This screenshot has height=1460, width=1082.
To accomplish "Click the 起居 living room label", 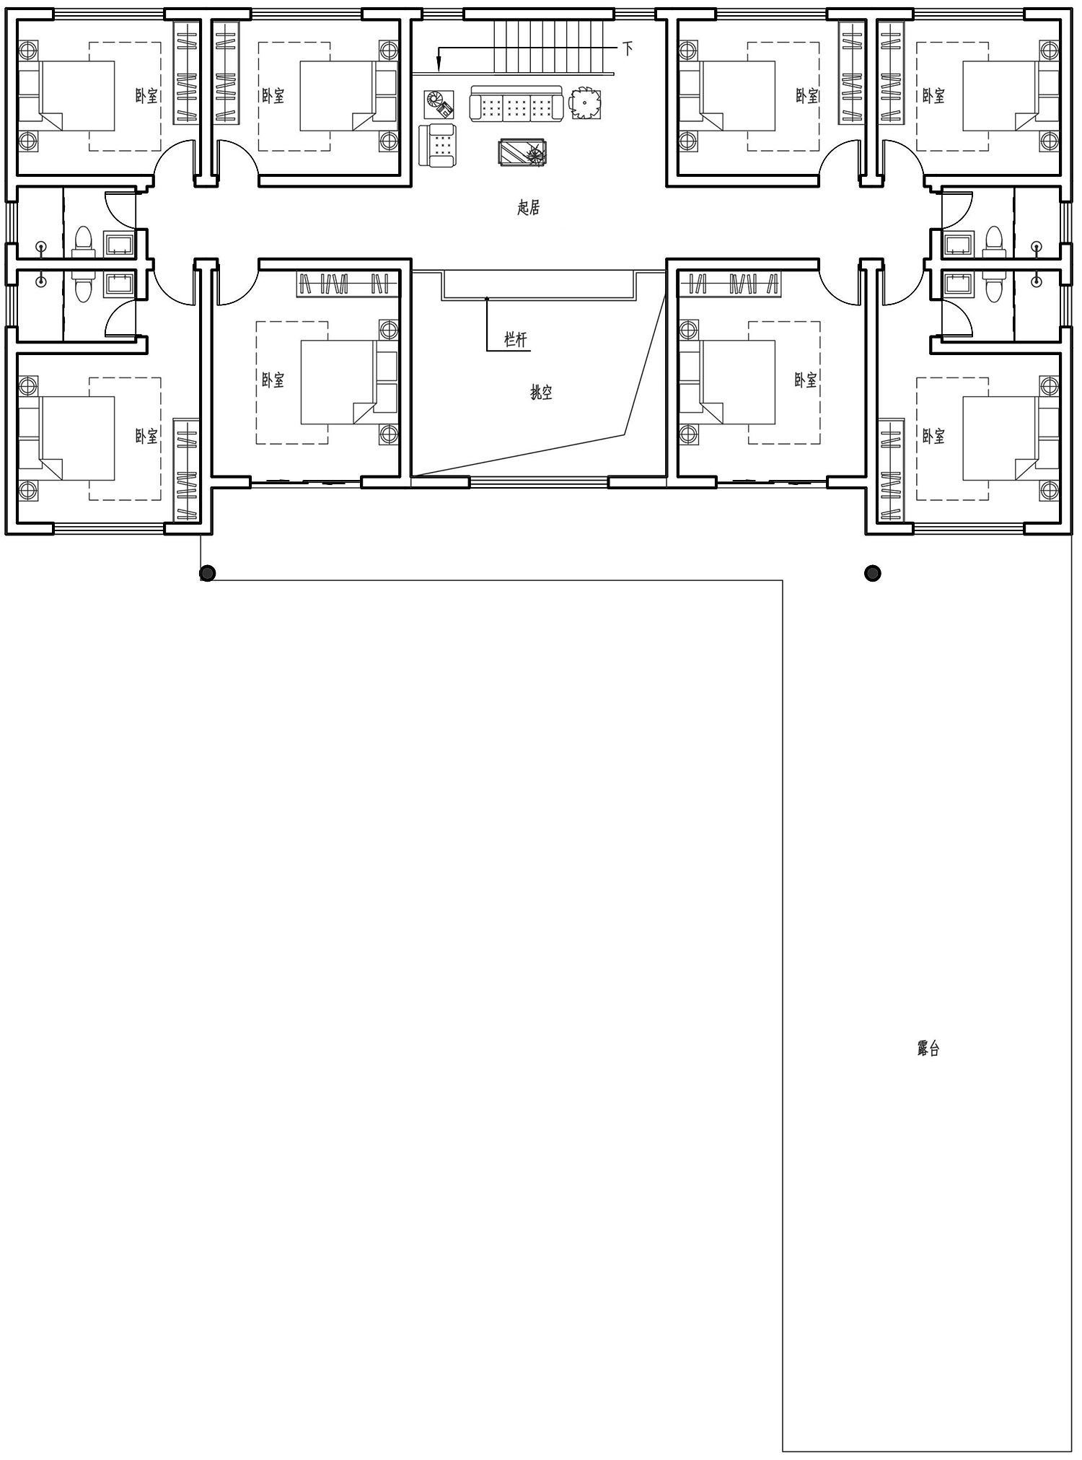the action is click(529, 208).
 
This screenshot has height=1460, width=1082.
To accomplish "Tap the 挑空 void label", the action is click(541, 393).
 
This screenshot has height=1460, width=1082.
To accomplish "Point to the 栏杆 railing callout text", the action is click(516, 339).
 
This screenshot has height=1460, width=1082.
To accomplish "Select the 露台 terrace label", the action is click(928, 1049).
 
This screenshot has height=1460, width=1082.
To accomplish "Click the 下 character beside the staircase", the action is click(628, 48).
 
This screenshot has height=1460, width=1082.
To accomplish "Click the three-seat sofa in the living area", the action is click(516, 104).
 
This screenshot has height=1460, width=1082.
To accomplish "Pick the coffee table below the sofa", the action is click(523, 153).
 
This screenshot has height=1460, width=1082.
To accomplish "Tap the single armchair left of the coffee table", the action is click(438, 144).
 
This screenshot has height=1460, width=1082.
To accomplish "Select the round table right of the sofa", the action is click(584, 102).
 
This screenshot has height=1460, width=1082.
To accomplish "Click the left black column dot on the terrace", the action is click(208, 574).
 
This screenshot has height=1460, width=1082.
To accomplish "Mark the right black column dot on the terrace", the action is click(873, 574).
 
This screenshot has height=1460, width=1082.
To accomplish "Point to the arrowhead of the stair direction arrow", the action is click(438, 67).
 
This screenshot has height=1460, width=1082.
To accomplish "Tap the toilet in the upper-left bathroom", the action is click(84, 242).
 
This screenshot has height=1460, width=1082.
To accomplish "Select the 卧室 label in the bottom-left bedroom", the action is click(146, 436).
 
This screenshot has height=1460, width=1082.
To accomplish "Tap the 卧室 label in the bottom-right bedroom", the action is click(933, 436).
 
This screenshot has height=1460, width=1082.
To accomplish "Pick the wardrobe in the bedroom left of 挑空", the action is click(348, 284).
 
